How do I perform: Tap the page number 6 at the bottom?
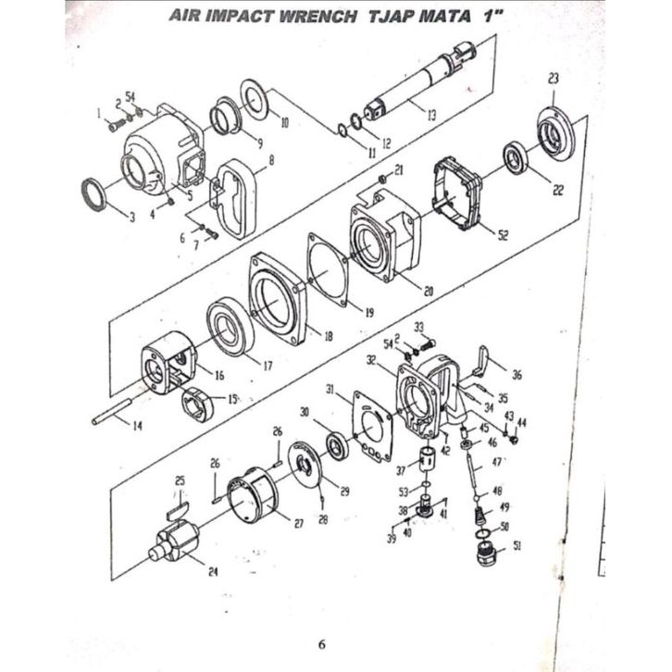click(x=321, y=644)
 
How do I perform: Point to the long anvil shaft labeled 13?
click(x=417, y=88)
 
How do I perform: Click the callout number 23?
click(x=554, y=81)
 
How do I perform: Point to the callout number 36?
click(x=516, y=375)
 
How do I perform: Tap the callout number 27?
click(x=299, y=524)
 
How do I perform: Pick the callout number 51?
click(x=516, y=546)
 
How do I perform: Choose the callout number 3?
click(x=133, y=218)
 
